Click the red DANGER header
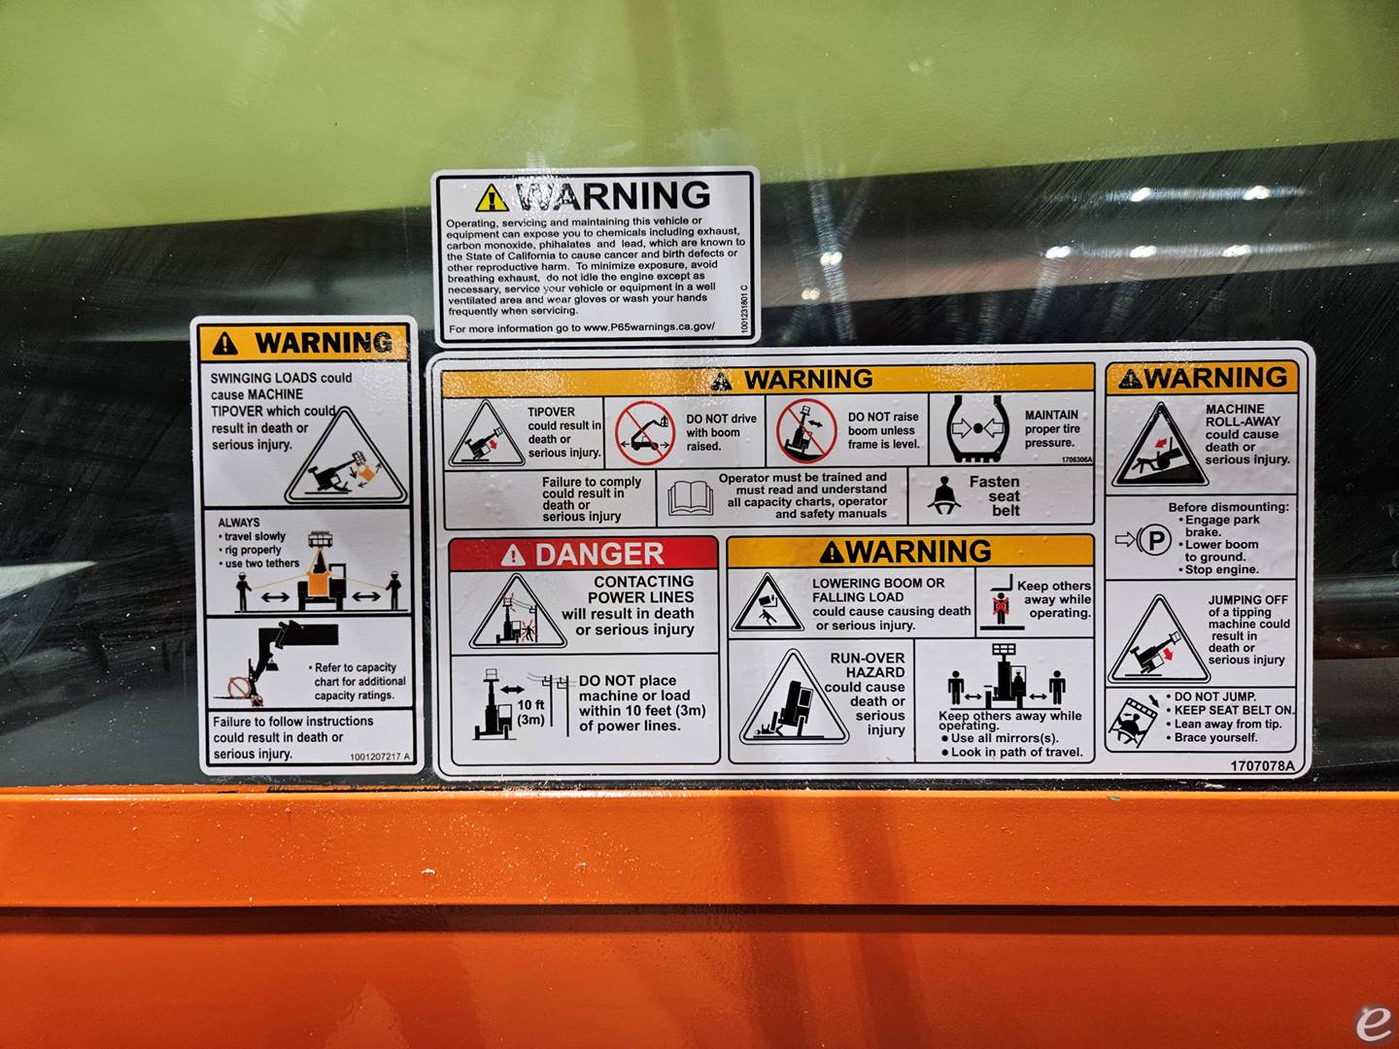point(583,555)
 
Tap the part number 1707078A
point(1262,765)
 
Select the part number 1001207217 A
point(380,757)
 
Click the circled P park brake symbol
point(1153,539)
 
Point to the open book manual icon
point(690,497)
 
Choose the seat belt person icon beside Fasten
point(940,496)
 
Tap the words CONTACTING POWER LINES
point(641,590)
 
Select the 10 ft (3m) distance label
point(530,712)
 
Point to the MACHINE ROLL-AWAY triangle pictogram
point(1151,447)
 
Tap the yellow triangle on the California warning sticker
point(492,198)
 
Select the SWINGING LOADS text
point(282,378)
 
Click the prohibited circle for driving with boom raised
point(643,431)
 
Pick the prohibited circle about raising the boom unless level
point(805,430)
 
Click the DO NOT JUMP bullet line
point(1214,696)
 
